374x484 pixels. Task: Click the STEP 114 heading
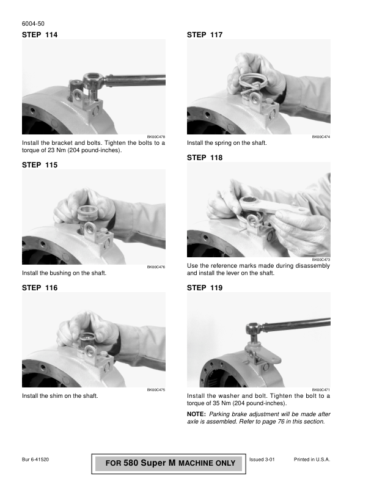[x=40, y=35]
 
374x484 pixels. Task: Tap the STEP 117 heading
[x=205, y=35]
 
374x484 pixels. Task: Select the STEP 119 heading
[x=205, y=288]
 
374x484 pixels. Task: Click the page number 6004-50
[x=33, y=24]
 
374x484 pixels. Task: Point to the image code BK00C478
[x=156, y=137]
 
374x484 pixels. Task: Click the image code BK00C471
[x=321, y=390]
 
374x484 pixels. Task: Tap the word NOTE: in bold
[x=196, y=414]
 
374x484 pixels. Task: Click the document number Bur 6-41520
[x=35, y=460]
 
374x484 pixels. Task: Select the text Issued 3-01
[x=262, y=460]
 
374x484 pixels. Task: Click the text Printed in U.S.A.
[x=312, y=460]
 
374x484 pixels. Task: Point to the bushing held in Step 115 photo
[x=87, y=213]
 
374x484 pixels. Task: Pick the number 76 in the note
[x=281, y=421]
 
